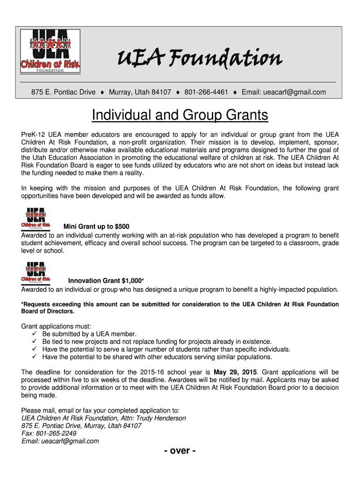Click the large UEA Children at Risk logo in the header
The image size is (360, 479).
pyautogui.click(x=50, y=51)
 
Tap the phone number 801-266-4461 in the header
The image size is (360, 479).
pyautogui.click(x=206, y=92)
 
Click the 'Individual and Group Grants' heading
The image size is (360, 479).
pyautogui.click(x=180, y=115)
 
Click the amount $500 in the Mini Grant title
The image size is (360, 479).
pyautogui.click(x=122, y=227)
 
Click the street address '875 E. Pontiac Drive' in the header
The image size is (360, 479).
pyautogui.click(x=64, y=92)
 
